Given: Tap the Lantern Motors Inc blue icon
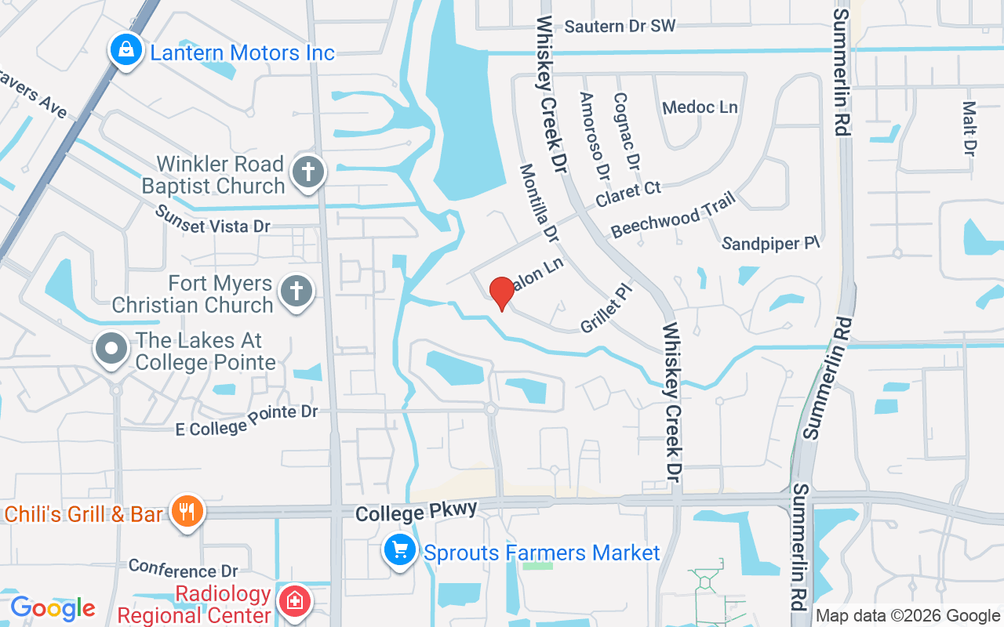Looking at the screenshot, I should pos(125,51).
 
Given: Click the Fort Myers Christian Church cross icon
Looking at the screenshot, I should pos(296,292).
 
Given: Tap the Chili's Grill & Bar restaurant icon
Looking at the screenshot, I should pos(187,513).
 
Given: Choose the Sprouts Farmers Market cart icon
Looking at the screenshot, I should pos(400,552).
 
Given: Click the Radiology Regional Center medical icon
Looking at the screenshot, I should pos(295,602).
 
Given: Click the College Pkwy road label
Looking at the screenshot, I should pos(416,512).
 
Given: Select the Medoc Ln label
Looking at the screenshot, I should pos(700,107).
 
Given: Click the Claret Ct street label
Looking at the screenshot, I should pos(628,194).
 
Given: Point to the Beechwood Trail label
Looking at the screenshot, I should pos(673,215).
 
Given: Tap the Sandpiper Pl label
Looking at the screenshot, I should pos(770,244).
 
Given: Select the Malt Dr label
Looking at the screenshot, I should pos(969,128).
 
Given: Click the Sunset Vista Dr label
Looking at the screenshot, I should pos(212,219).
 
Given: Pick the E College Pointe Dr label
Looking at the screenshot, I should pos(246,419).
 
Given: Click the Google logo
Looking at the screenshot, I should pos(53,608).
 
